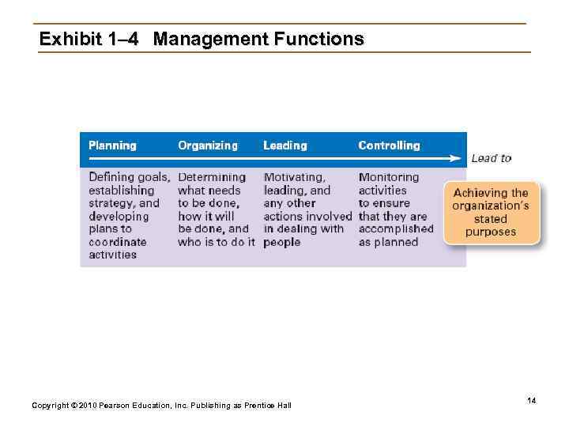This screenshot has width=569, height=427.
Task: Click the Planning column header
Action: [x=112, y=145]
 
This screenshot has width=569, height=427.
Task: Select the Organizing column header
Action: [x=207, y=145]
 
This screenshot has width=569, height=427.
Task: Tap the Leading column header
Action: [x=285, y=145]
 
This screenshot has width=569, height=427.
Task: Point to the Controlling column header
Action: [x=389, y=145]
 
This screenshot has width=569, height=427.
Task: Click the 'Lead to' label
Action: [x=491, y=158]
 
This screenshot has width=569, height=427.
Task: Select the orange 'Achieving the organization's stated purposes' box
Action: [x=491, y=213]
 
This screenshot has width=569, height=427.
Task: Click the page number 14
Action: [x=532, y=402]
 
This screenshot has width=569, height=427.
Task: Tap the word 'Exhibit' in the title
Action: [x=70, y=39]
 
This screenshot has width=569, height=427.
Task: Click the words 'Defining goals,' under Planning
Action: [x=129, y=177]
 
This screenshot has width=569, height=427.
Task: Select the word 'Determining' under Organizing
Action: [x=211, y=177]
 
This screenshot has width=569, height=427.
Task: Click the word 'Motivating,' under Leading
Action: [x=294, y=177]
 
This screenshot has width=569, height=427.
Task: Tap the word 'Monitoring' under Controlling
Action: [x=388, y=177]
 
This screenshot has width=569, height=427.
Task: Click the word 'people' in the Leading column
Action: [x=281, y=242]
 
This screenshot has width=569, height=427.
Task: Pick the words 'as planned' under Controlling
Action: [x=388, y=242]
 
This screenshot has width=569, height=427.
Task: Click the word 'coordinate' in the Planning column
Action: [x=117, y=242]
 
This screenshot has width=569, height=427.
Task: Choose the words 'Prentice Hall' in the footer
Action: [x=269, y=406]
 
